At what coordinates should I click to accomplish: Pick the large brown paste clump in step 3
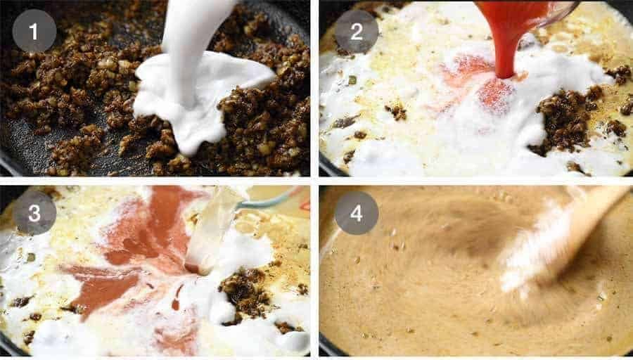(x=246, y=288)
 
